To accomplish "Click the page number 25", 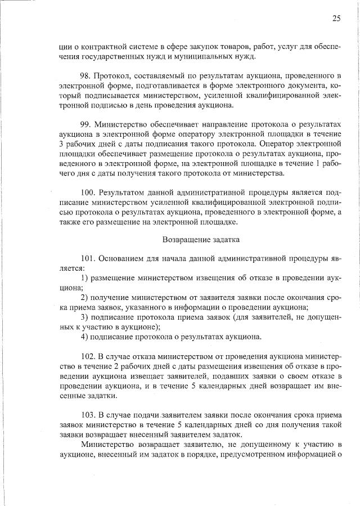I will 336,18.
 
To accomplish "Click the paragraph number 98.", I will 87,75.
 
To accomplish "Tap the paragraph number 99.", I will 87,123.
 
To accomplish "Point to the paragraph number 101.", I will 88,259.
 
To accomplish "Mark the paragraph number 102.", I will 88,356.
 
